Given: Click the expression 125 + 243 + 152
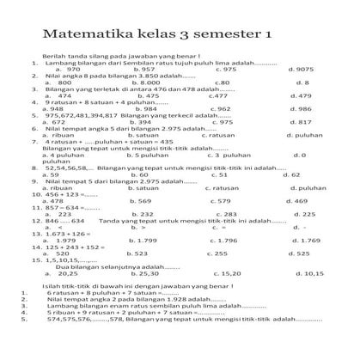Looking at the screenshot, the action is (x=72, y=247).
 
